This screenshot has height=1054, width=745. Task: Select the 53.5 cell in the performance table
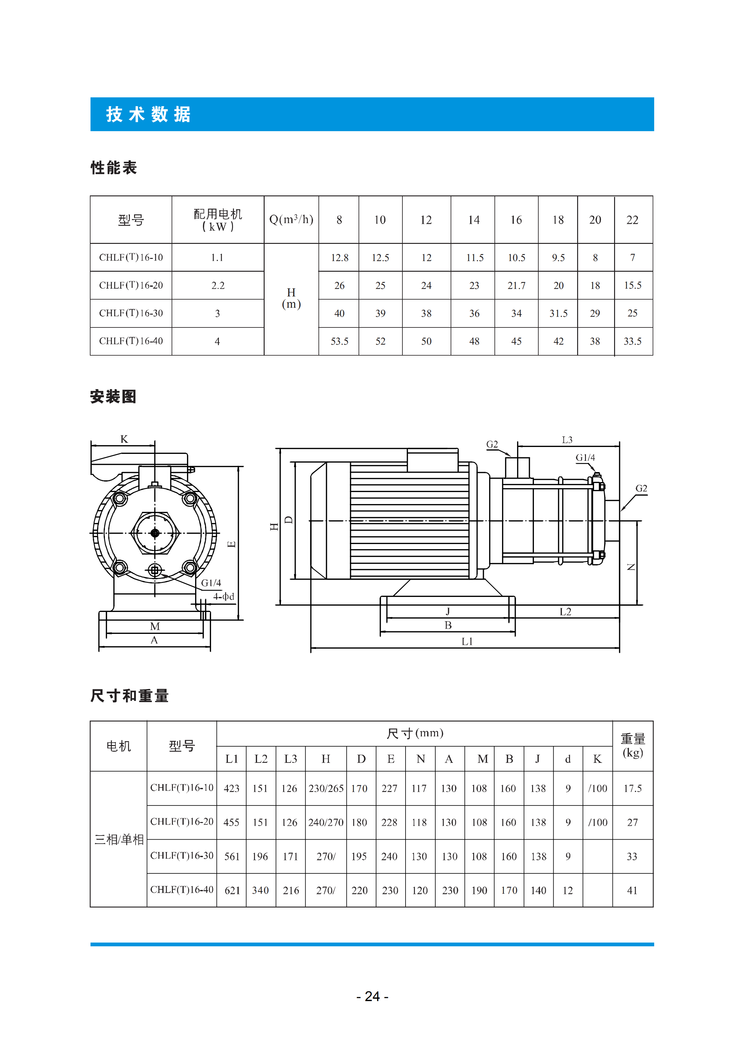tap(339, 342)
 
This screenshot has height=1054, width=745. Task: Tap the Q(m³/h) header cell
tap(291, 219)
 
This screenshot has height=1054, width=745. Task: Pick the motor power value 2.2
tap(218, 285)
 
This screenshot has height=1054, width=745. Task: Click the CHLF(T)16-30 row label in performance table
tap(131, 313)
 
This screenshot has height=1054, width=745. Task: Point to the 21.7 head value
tap(516, 285)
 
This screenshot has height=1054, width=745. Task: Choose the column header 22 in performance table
tap(633, 220)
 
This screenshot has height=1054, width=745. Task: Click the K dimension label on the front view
tap(124, 439)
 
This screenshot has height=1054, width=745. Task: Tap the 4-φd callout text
tap(224, 596)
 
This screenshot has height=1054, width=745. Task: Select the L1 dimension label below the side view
tap(467, 641)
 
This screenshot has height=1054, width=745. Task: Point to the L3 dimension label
tap(567, 440)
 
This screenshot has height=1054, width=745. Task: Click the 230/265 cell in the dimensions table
tap(326, 788)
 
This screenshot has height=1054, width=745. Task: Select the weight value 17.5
tap(633, 788)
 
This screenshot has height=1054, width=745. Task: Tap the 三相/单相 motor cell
tap(119, 840)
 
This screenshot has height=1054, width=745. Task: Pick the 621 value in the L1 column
tap(232, 891)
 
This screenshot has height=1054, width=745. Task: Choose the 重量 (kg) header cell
tap(633, 746)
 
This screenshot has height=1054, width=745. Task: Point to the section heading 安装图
tap(113, 397)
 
